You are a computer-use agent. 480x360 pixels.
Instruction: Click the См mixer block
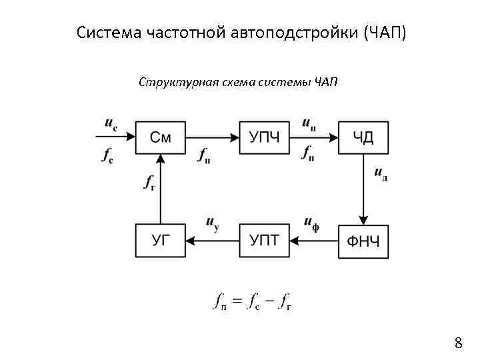[x=160, y=138]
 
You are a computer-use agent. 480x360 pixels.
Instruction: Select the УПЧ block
[x=264, y=138]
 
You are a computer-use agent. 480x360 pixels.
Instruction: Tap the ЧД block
[x=363, y=138]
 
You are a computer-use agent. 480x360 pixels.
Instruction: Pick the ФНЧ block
[x=363, y=241]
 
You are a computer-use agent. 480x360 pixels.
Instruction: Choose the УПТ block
[x=264, y=241]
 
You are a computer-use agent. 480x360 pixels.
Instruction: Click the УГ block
[x=160, y=241]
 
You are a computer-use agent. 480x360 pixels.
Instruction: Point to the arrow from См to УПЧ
[x=212, y=138]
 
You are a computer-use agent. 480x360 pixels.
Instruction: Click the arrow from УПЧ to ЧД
[x=314, y=138]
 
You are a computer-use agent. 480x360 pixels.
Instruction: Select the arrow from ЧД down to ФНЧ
[x=363, y=190]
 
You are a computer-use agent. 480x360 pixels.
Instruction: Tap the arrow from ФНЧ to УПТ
[x=314, y=241]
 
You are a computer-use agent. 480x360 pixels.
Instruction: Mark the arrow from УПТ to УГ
[x=212, y=241]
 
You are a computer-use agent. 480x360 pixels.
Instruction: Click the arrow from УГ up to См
[x=160, y=190]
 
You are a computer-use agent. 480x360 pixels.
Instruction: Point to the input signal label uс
[x=111, y=124]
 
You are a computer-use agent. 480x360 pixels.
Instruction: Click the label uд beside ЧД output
[x=381, y=174]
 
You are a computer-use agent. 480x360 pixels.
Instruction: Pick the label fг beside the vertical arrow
[x=149, y=182]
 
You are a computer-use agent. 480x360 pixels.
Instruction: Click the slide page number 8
[x=458, y=343]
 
